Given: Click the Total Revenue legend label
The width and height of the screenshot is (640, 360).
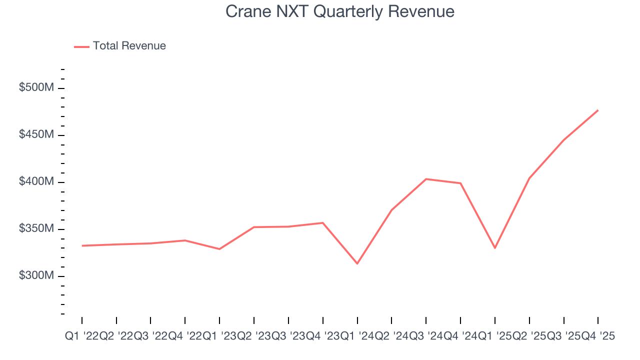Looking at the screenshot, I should (x=129, y=46).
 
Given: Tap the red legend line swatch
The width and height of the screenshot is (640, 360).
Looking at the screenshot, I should (x=81, y=46).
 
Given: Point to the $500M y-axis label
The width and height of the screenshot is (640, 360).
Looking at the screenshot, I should (x=36, y=88).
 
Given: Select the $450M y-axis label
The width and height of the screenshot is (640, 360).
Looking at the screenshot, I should (x=36, y=135).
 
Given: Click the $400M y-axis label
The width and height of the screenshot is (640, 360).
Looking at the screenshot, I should (x=36, y=182).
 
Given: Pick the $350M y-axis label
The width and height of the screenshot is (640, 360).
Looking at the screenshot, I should (x=36, y=229).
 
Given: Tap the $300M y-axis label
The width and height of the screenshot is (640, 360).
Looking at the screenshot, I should (x=36, y=276).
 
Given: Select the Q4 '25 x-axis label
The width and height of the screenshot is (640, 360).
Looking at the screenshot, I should (x=598, y=336).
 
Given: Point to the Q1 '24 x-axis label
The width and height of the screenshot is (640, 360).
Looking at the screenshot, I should (x=357, y=336).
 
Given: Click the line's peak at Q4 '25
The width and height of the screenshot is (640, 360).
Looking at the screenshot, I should (x=598, y=110).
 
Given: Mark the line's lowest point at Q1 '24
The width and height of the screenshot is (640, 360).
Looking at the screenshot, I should (x=357, y=263).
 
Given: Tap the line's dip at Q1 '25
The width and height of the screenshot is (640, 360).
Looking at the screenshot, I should (x=495, y=248).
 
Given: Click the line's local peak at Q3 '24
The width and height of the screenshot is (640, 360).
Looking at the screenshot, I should (x=426, y=179).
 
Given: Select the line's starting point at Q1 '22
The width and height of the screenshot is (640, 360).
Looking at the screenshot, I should (x=82, y=245).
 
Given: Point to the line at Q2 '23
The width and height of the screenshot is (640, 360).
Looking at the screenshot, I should (x=254, y=227).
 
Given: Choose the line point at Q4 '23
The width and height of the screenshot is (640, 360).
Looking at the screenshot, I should (x=323, y=222).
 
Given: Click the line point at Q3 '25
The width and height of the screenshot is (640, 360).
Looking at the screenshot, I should (x=563, y=140).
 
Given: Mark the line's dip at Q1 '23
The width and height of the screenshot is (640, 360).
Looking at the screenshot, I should (x=219, y=249).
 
